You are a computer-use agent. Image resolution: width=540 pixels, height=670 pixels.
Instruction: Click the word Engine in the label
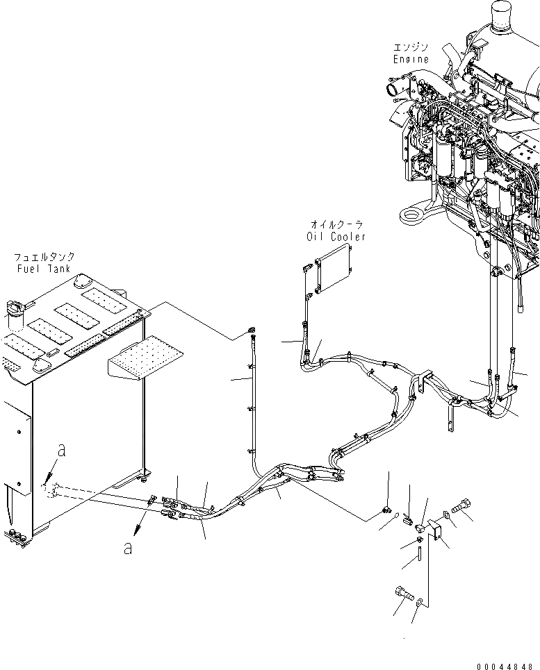410,59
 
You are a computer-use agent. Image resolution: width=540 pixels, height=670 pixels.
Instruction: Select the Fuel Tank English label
46,269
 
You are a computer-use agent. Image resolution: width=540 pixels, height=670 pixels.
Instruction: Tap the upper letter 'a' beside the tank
62,451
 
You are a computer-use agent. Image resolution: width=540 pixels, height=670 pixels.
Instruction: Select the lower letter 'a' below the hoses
127,548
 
